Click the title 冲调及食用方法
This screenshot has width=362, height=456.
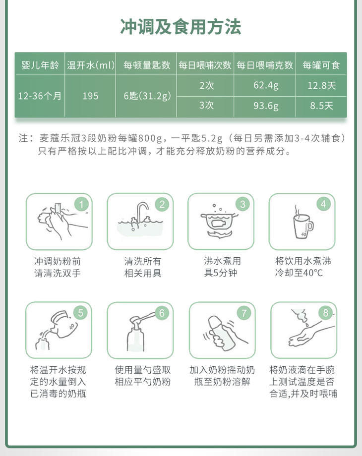pos(181,27)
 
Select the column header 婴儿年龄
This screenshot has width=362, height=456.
pos(40,65)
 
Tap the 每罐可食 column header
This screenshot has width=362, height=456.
pos(321,65)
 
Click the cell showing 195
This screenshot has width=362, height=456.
pos(90,96)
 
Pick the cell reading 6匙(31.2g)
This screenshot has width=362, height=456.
pos(147,96)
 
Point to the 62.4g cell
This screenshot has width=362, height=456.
pos(266,85)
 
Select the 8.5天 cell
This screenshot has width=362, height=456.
pos(321,106)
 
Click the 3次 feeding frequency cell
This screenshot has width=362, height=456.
pos(206,105)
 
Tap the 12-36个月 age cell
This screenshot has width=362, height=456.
pos(40,96)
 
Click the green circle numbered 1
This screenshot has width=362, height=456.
pos(81,204)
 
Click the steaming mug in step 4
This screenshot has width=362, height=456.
pos(302,226)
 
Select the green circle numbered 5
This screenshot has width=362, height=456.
pos(81,313)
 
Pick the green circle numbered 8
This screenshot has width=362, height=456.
pos(325,313)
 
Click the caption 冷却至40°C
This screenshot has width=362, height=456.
pos(299,273)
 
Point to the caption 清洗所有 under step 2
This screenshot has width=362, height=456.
pos(143,261)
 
